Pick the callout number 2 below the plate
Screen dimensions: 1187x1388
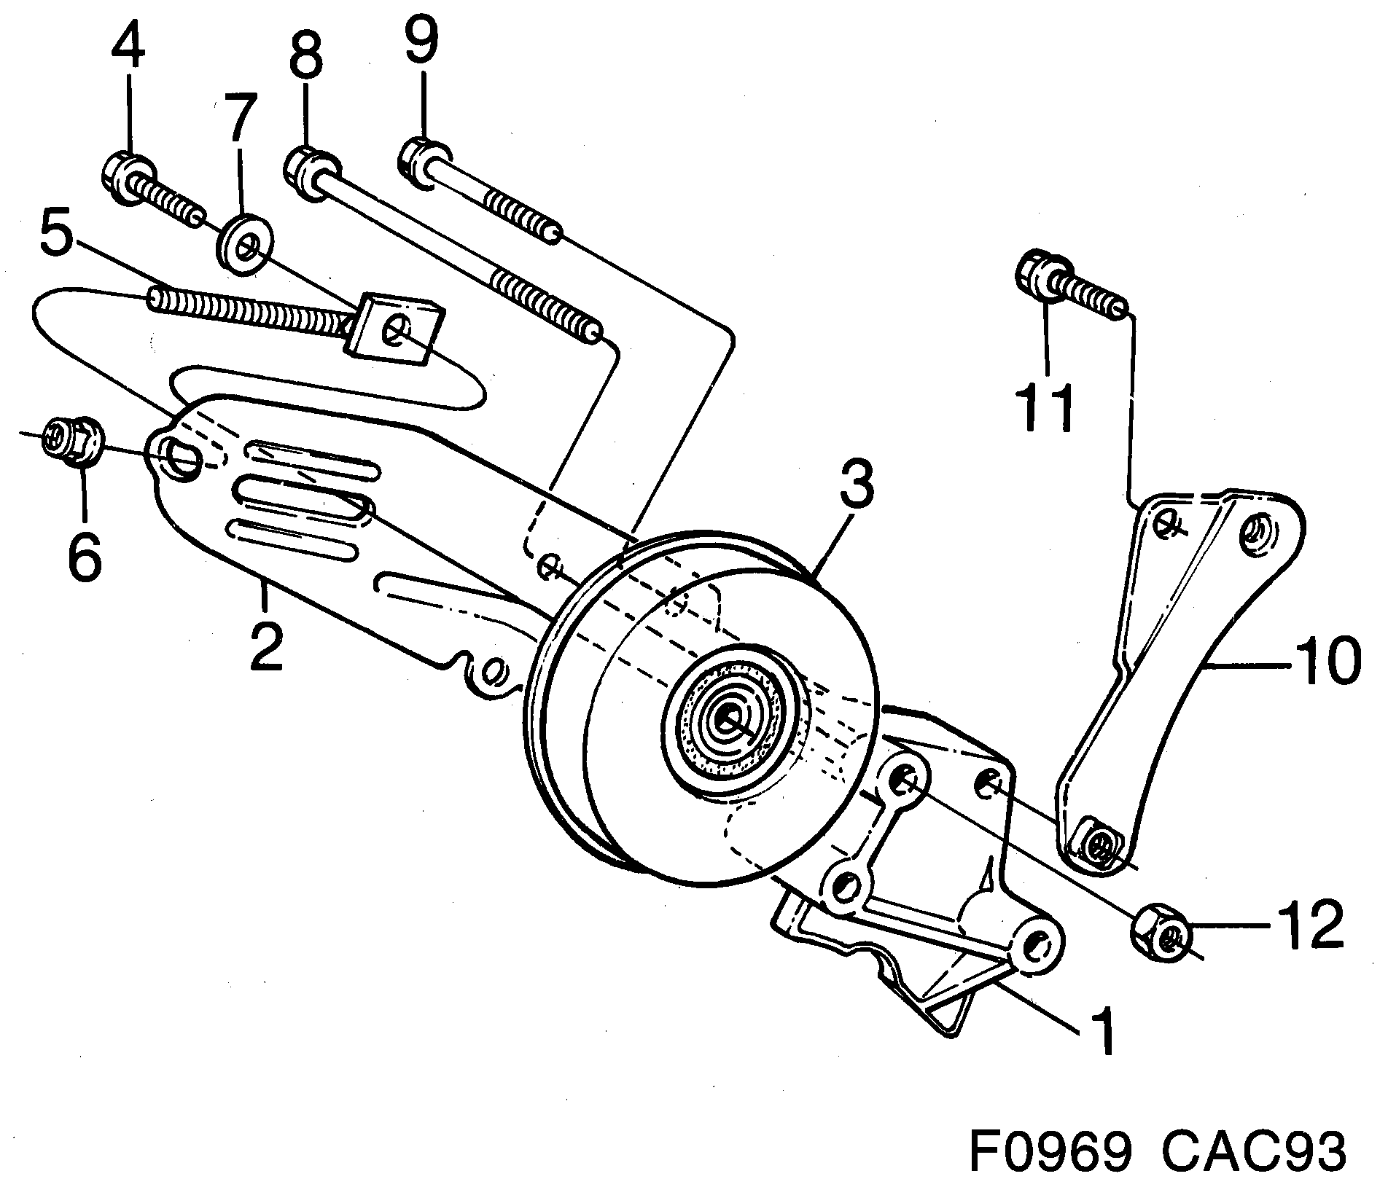265,646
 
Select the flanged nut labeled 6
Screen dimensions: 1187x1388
73,439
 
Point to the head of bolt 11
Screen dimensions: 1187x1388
1039,275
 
